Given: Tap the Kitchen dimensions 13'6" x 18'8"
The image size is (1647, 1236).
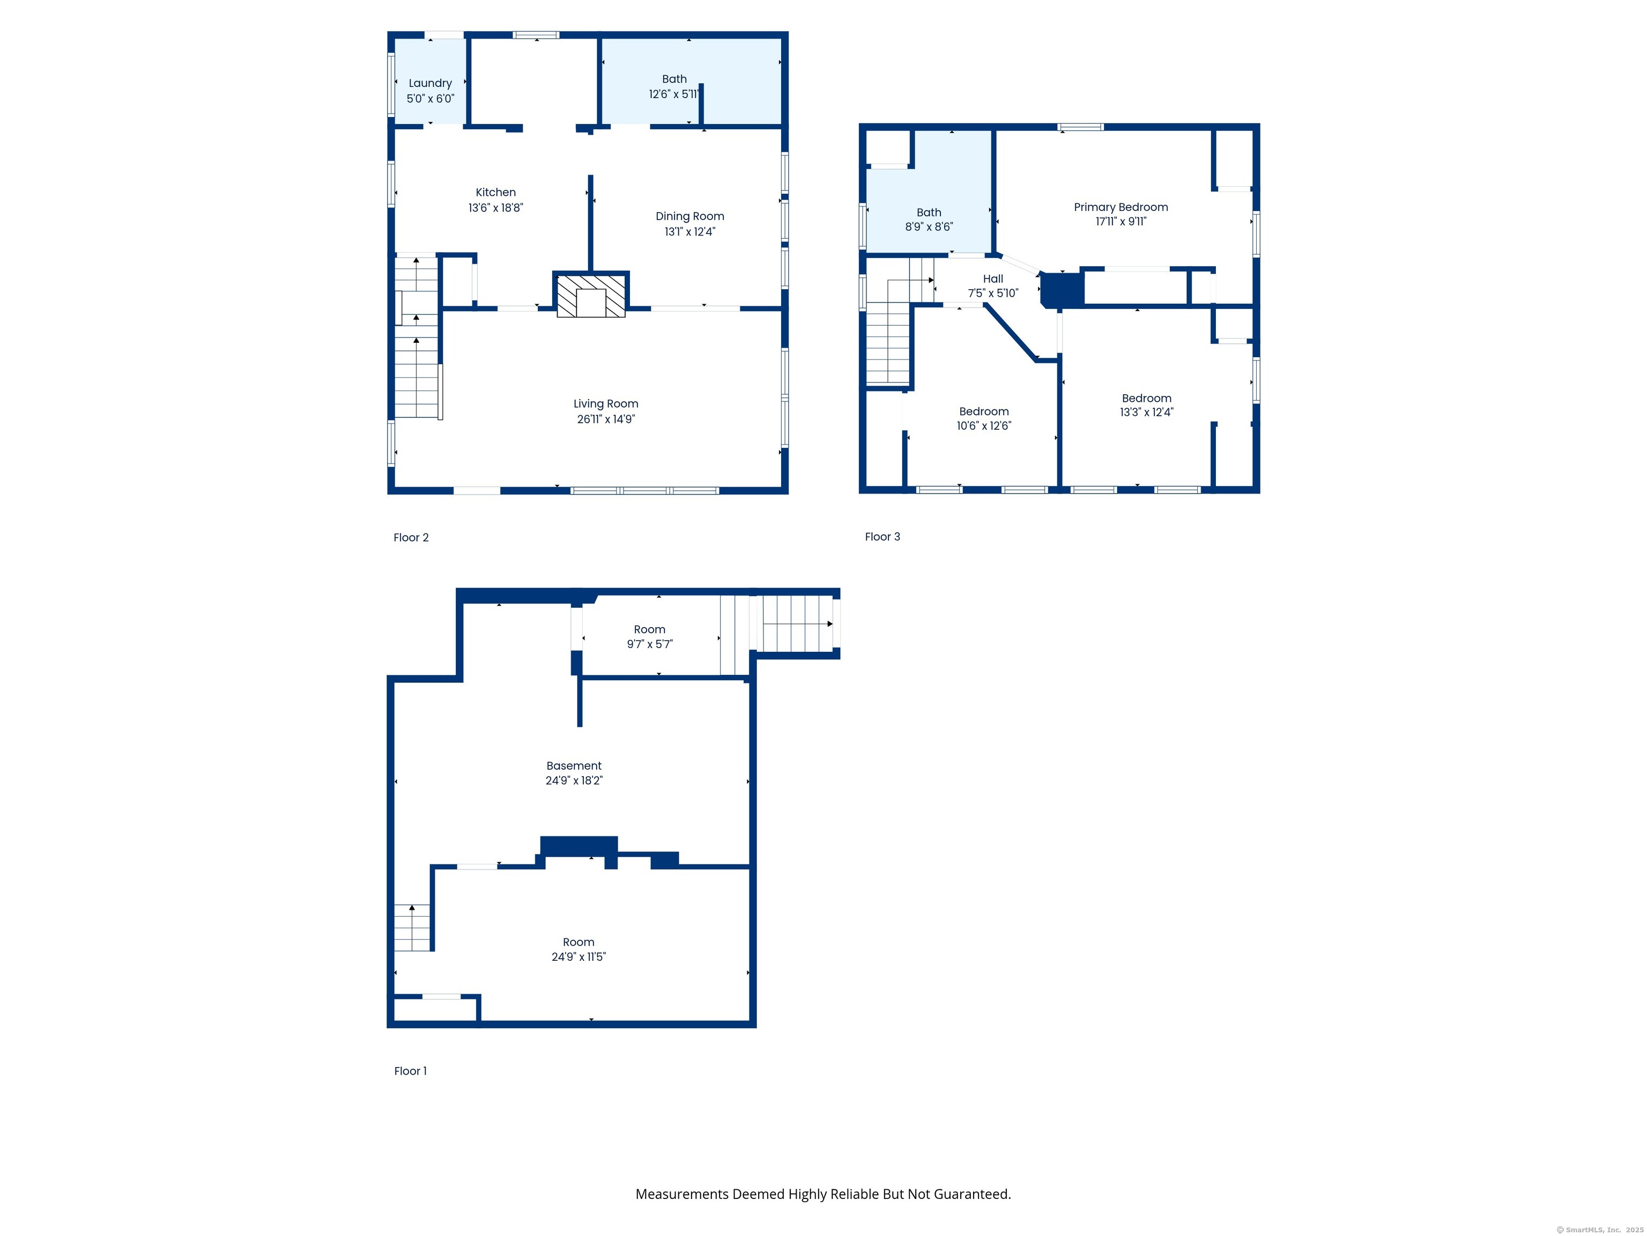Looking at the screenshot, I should [x=495, y=208].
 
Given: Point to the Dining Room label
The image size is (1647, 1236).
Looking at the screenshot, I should [x=689, y=216].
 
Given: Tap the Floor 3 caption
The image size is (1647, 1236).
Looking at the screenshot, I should [x=882, y=537].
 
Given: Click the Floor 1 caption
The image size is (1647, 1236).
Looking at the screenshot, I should [x=410, y=1071].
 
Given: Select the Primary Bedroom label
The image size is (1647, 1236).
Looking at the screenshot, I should [x=1121, y=207].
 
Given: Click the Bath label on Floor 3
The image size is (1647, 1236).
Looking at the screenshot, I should [x=929, y=212].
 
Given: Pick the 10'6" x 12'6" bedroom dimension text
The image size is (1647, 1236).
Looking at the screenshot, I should [x=984, y=426].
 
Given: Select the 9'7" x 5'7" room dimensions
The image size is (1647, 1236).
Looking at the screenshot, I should [x=649, y=644].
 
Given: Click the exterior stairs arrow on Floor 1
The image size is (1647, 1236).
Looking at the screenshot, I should [x=829, y=623].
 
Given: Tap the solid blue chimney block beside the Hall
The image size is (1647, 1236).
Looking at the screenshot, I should [x=1062, y=290].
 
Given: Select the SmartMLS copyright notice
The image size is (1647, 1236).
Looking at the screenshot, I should [x=1599, y=1230].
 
